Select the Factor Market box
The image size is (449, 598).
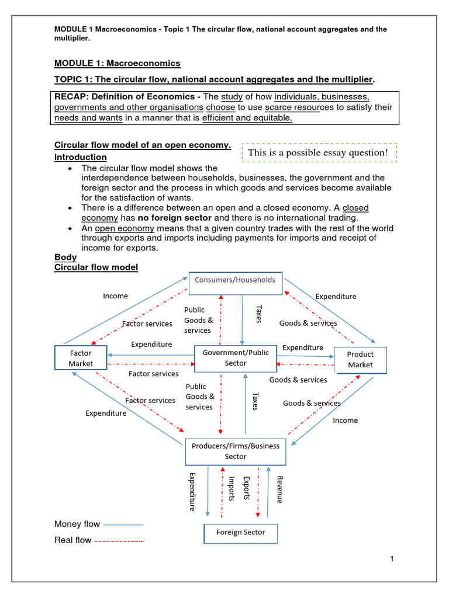pyautogui.click(x=81, y=359)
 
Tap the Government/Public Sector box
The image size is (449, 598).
pyautogui.click(x=235, y=358)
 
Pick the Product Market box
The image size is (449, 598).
pyautogui.click(x=360, y=360)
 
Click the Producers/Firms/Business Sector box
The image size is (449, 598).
pyautogui.click(x=236, y=451)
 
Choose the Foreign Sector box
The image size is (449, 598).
pyautogui.click(x=240, y=533)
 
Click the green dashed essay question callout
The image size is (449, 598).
pyautogui.click(x=319, y=152)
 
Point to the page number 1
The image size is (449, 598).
pyautogui.click(x=392, y=559)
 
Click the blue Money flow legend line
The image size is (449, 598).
pyautogui.click(x=123, y=524)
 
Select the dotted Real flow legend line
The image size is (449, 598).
pyautogui.click(x=119, y=541)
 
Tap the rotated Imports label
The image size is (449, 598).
pyautogui.click(x=232, y=488)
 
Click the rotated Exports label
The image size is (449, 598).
pyautogui.click(x=247, y=488)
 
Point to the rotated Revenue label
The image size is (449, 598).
pyautogui.click(x=279, y=489)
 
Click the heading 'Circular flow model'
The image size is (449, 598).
pyautogui.click(x=96, y=267)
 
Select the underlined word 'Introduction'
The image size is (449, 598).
pyautogui.click(x=80, y=157)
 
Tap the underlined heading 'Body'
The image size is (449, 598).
pyautogui.click(x=65, y=257)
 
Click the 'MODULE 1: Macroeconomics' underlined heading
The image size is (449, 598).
pyautogui.click(x=117, y=63)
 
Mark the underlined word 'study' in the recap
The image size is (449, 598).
pyautogui.click(x=231, y=96)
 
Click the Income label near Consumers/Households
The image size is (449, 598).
pyautogui.click(x=115, y=296)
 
